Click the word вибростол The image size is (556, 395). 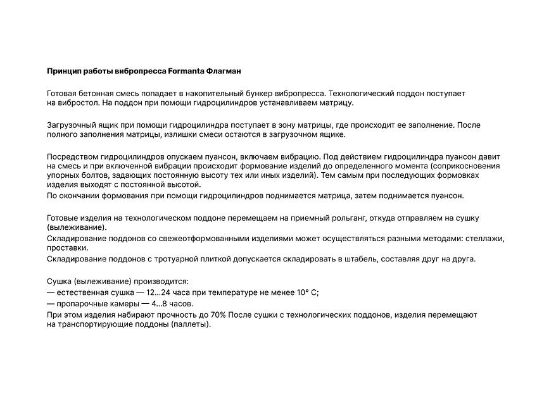coord(79,103)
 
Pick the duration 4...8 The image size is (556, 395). coord(163,303)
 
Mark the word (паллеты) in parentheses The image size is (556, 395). coord(189,323)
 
